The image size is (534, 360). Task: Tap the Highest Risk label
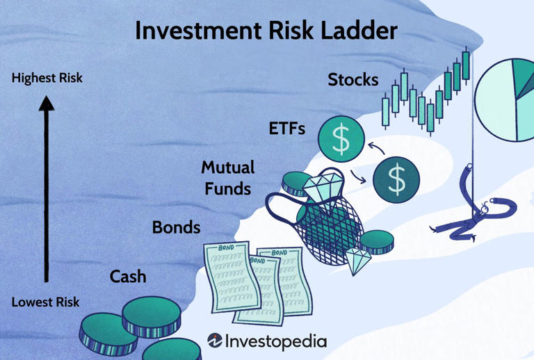pyautogui.click(x=47, y=78)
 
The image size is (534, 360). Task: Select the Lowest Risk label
pyautogui.click(x=45, y=302)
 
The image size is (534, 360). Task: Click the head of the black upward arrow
pyautogui.click(x=47, y=103)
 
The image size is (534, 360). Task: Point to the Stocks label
pyautogui.click(x=353, y=80)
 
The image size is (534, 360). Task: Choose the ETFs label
pyautogui.click(x=286, y=129)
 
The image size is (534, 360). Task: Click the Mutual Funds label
pyautogui.click(x=227, y=178)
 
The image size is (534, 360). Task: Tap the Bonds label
pyautogui.click(x=176, y=227)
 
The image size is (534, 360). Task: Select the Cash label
pyautogui.click(x=128, y=277)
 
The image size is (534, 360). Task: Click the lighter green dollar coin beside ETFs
pyautogui.click(x=341, y=139)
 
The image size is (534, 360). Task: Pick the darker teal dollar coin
pyautogui.click(x=396, y=180)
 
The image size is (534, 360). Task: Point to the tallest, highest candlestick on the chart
pyautogui.click(x=466, y=65)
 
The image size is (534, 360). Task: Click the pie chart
pyautogui.click(x=505, y=99)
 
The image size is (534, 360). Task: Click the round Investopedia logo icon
pyautogui.click(x=215, y=341)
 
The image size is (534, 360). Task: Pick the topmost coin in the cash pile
pyautogui.click(x=152, y=316)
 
